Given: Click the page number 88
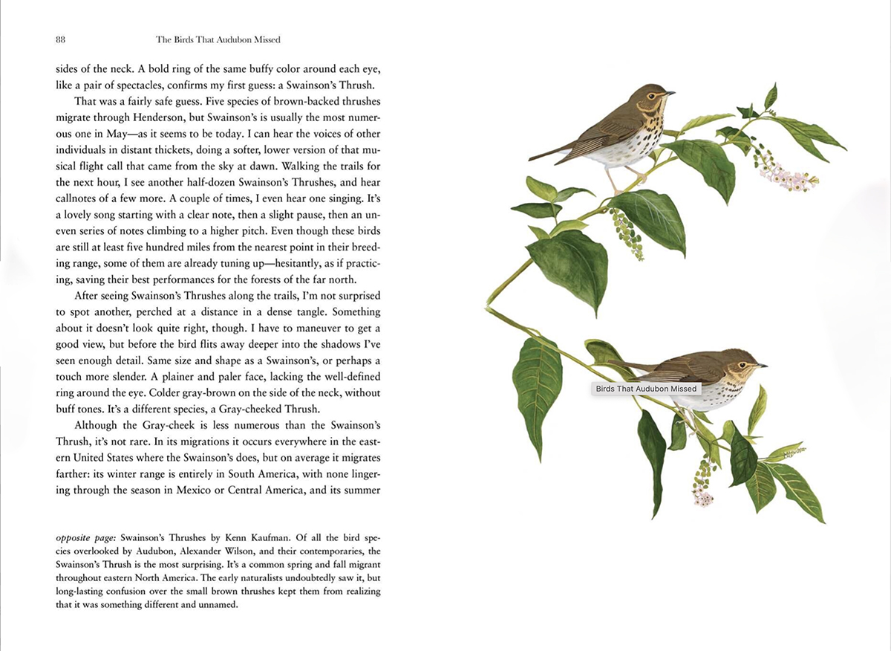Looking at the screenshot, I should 62,39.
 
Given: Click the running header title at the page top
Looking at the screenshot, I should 218,39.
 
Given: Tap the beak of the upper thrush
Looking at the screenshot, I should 670,94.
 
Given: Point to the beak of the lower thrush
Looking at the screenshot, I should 762,366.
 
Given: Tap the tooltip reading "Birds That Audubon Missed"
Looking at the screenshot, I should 646,389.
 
